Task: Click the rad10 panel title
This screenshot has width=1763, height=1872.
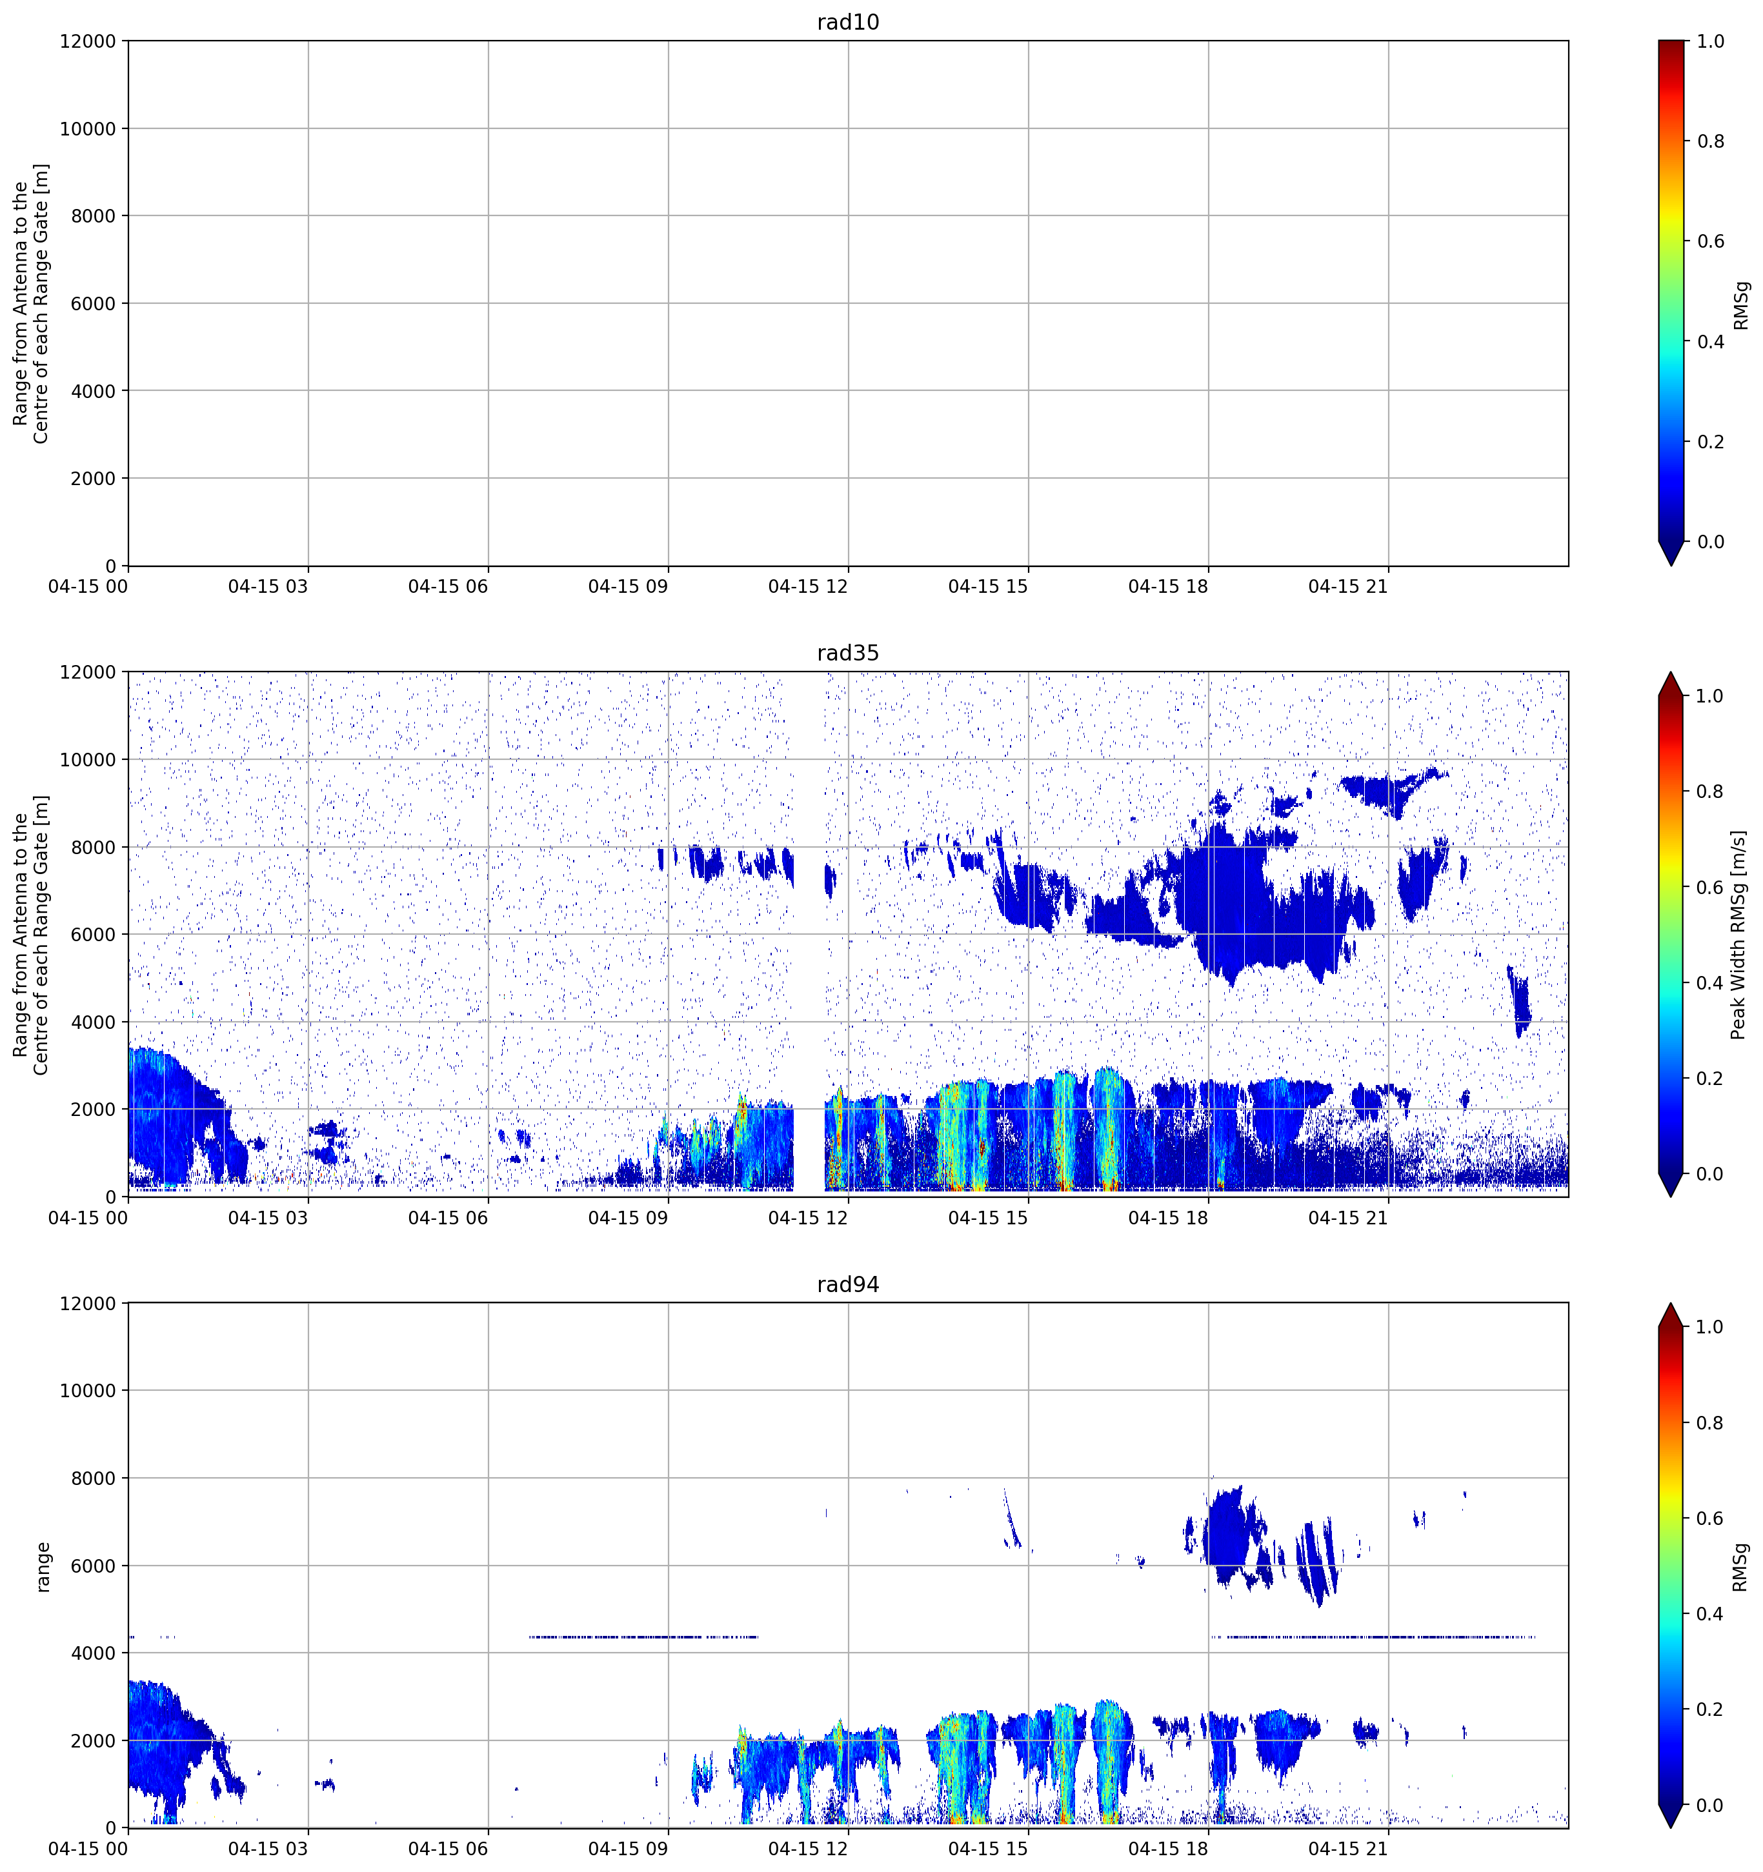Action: click(847, 22)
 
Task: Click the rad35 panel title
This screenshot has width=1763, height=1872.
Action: click(847, 653)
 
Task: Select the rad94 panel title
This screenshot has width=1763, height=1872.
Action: click(847, 1284)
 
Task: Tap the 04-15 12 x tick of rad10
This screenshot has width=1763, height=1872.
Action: click(808, 586)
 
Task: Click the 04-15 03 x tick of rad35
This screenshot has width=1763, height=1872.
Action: click(268, 1217)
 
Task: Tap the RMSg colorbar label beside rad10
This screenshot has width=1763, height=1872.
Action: click(1740, 305)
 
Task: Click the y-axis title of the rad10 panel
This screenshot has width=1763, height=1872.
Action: click(31, 303)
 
